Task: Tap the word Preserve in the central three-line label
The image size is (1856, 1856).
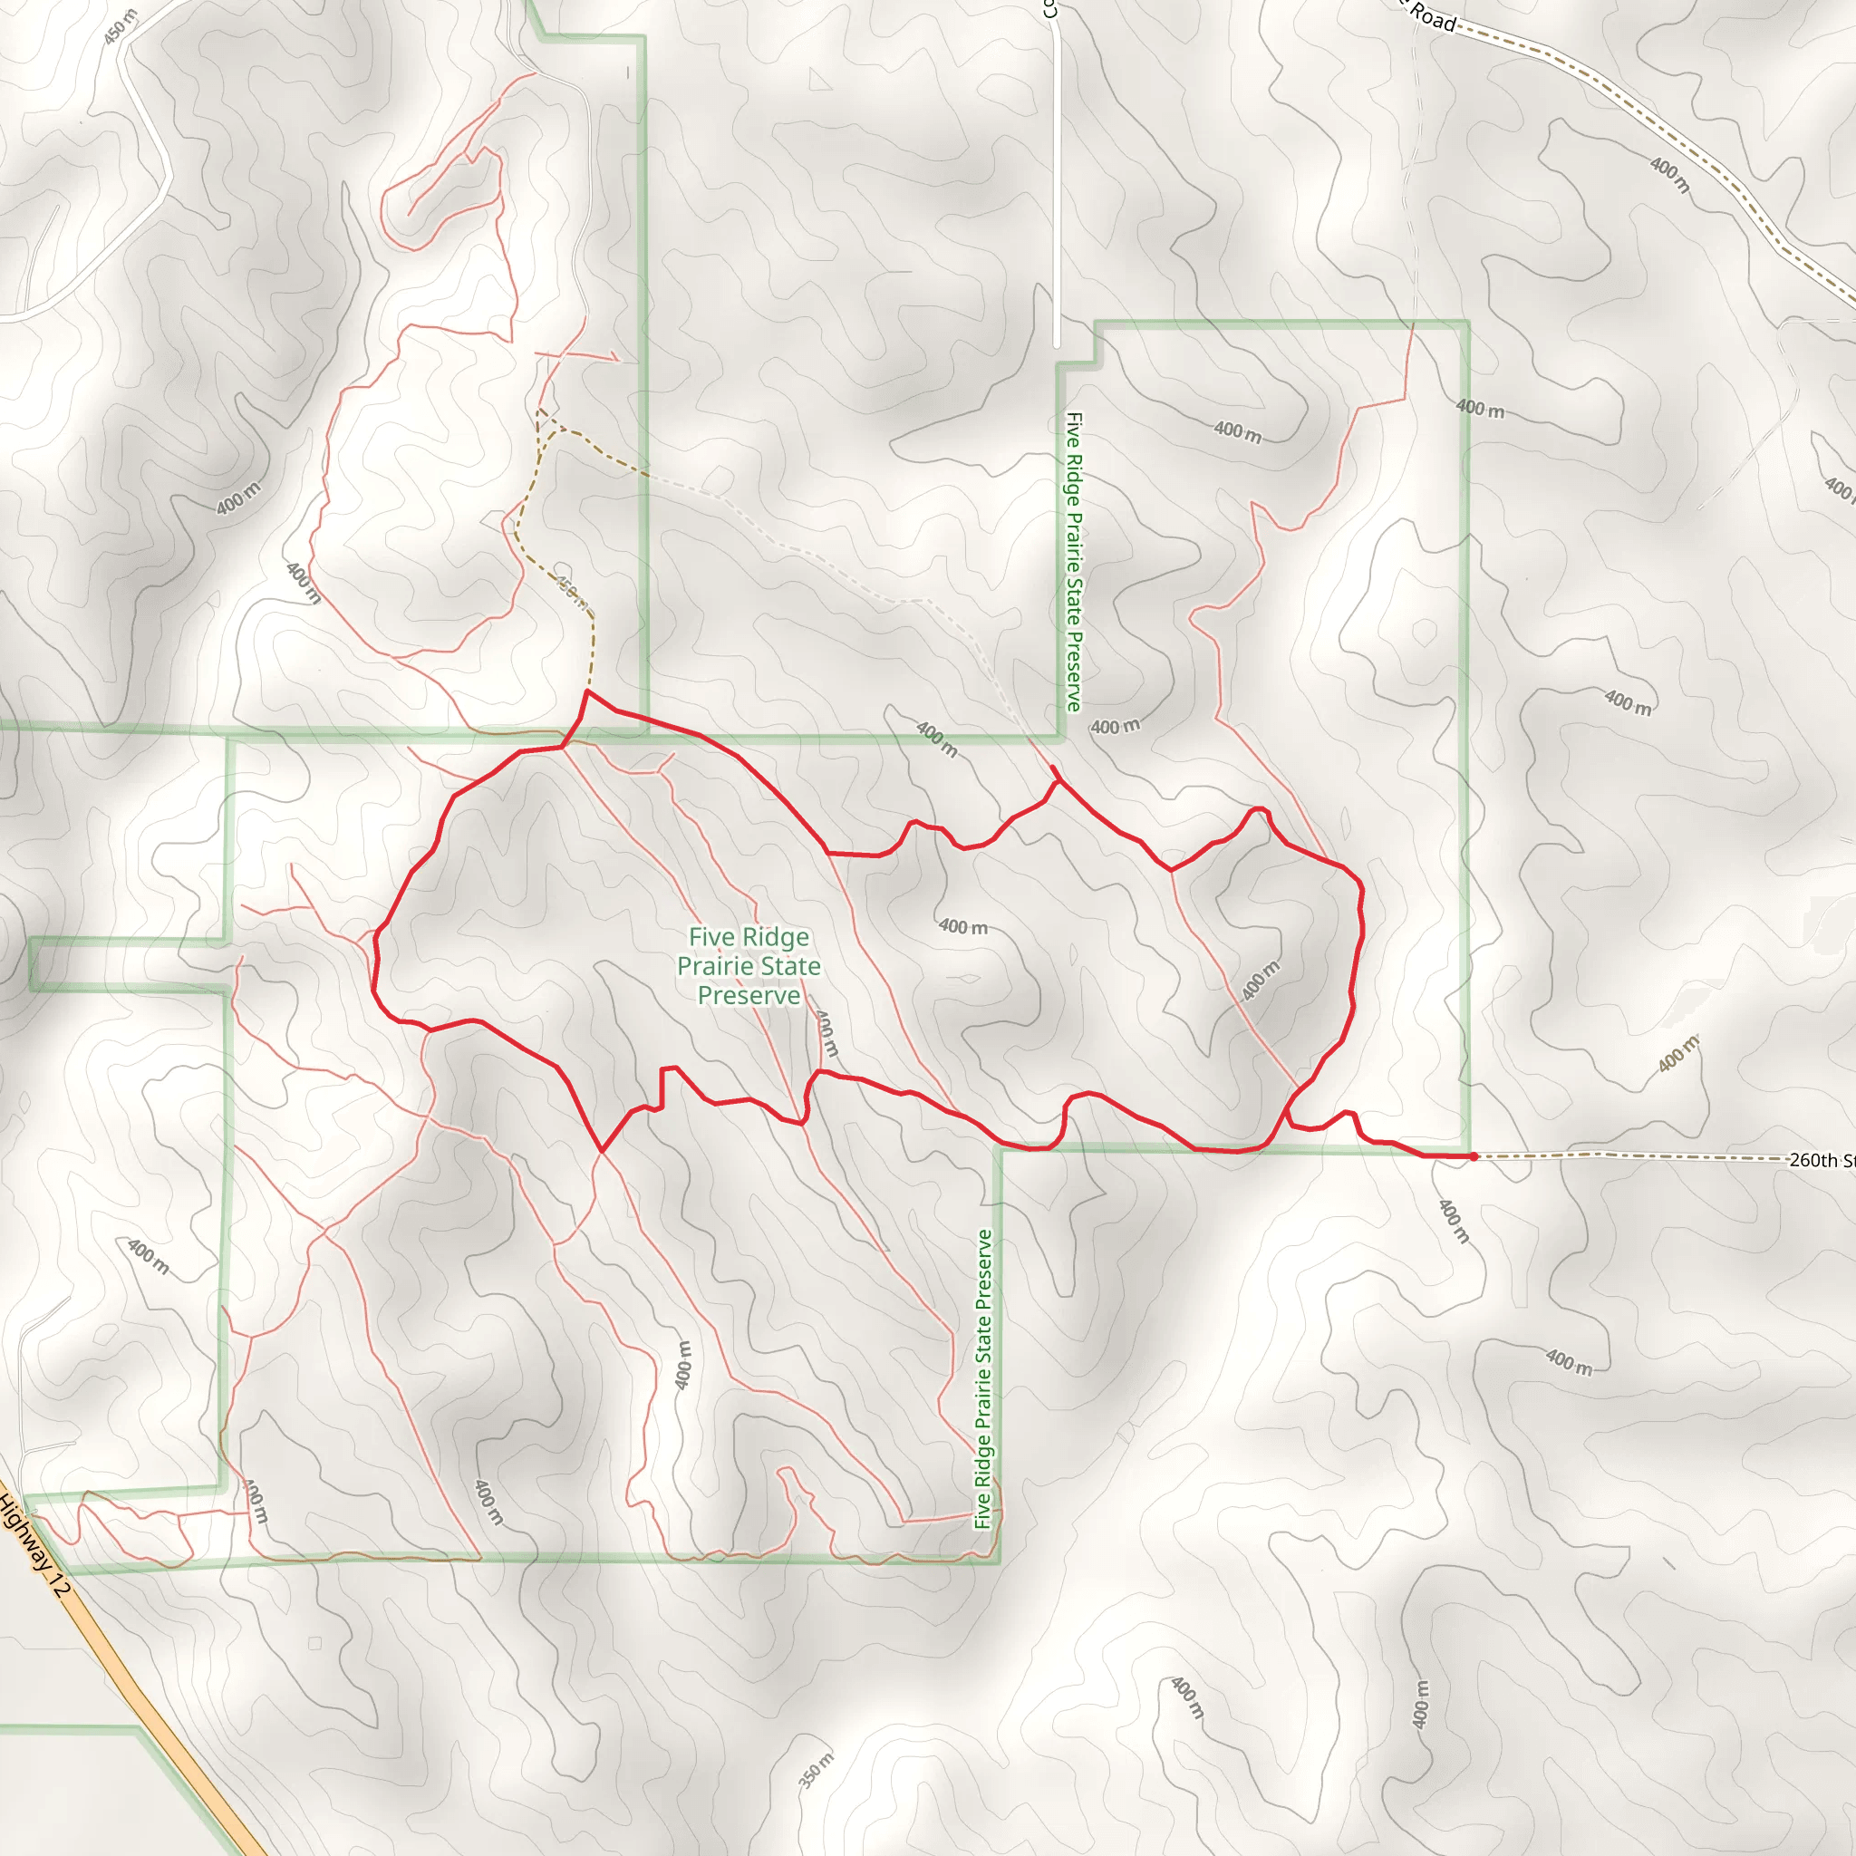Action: coord(749,995)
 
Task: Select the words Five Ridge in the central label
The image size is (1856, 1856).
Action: coord(749,937)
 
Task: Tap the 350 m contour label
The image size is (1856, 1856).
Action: coord(816,1771)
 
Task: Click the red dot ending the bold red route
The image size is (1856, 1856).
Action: coord(1473,1156)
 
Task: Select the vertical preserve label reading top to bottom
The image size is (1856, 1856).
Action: coord(1074,562)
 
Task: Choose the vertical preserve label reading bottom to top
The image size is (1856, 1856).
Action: coord(981,1379)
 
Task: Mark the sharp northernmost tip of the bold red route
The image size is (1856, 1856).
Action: coord(587,691)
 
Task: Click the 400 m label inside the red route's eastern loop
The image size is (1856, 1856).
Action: coord(1261,980)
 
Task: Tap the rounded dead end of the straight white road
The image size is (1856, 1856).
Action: coord(1056,343)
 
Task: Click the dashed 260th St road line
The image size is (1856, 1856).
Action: coord(1633,1155)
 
